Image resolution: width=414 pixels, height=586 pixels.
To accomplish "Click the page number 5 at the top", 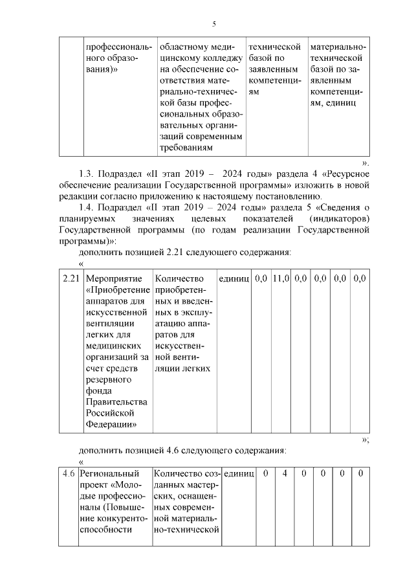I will click(x=213, y=25).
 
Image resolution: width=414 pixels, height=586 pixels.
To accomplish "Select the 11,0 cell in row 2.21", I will click(x=281, y=278).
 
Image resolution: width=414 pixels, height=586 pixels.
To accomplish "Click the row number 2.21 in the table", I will click(x=71, y=278).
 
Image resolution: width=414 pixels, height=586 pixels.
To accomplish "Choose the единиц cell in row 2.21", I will click(x=234, y=278).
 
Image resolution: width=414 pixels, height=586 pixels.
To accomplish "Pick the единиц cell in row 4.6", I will click(x=239, y=473).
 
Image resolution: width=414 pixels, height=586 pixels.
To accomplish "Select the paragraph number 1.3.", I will click(x=87, y=174).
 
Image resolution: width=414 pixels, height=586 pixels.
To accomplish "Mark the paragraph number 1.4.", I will click(x=87, y=207).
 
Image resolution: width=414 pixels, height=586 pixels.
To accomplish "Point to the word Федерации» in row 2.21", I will click(x=111, y=425).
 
